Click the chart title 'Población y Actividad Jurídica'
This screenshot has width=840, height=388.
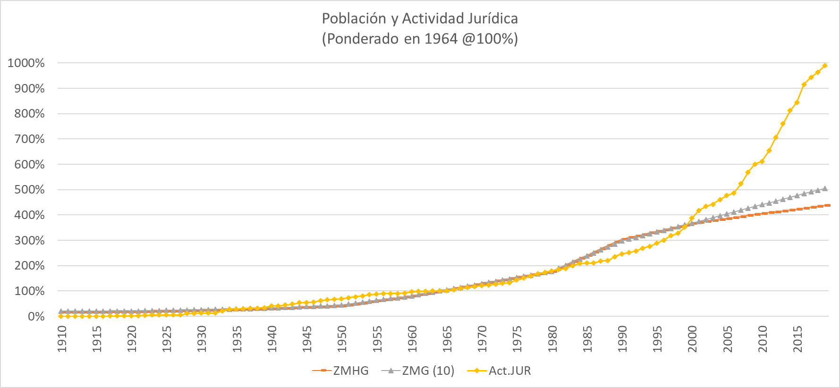pos(420,18)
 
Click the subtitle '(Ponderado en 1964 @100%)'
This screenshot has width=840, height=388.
pos(420,39)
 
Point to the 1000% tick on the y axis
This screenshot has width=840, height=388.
pos(26,63)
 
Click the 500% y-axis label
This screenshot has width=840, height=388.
pos(29,190)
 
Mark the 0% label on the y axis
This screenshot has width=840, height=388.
pos(36,317)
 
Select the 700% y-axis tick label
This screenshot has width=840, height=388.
pos(29,139)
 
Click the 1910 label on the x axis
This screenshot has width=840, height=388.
pos(62,339)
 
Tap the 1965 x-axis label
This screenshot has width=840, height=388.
pos(447,339)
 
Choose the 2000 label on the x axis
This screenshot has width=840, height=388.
pos(692,339)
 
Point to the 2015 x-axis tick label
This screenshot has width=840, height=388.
pos(798,339)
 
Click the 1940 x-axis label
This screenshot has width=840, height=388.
pos(272,339)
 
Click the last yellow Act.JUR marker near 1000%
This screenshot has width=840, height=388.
pos(825,66)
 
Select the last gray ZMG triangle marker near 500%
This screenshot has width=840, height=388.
pos(825,188)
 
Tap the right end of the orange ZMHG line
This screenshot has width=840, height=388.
pos(829,205)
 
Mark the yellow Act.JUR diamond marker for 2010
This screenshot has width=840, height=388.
pos(762,161)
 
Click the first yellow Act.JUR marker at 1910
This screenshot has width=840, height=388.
pos(61,316)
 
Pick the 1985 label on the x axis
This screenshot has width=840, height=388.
pos(587,339)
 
